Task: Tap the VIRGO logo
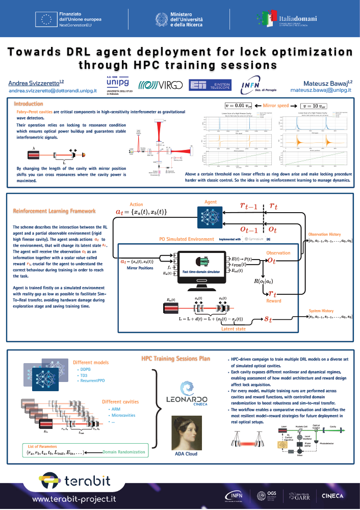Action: [x=160, y=85]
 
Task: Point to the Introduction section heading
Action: [x=28, y=104]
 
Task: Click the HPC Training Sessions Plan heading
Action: [x=176, y=359]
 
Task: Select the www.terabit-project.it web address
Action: [x=75, y=498]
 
